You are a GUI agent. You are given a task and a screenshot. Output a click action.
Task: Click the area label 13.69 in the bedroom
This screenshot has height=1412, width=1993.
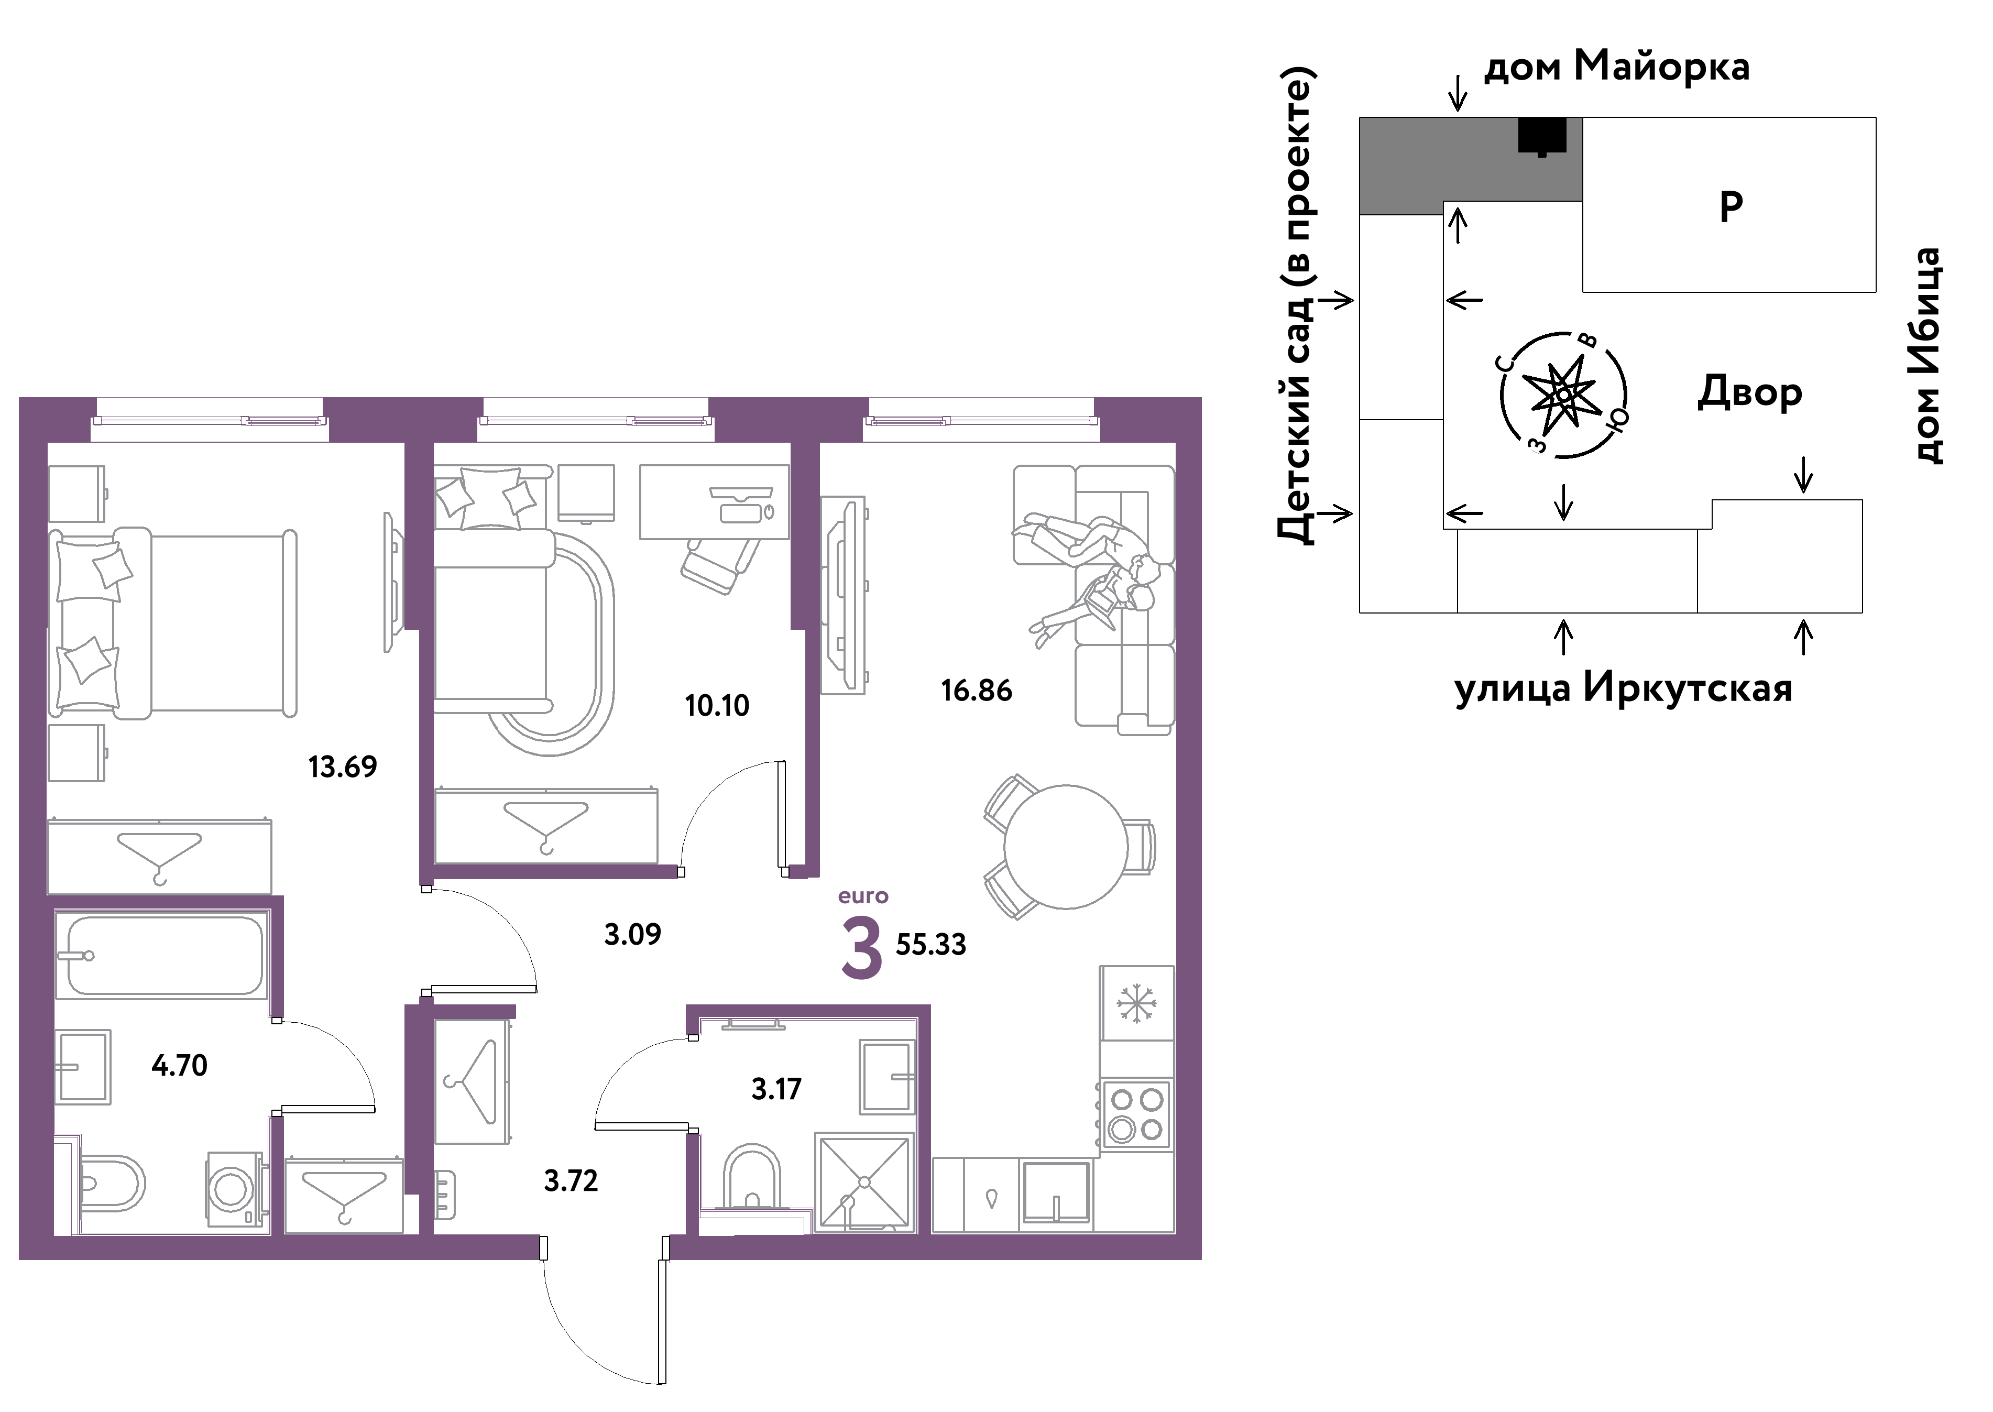pos(343,767)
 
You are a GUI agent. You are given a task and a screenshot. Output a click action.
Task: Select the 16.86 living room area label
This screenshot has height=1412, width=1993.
pos(977,691)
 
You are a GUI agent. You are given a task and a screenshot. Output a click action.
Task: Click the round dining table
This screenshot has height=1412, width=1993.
pos(1066,847)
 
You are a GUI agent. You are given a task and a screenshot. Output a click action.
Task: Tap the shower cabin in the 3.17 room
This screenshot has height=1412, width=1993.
pos(864,1183)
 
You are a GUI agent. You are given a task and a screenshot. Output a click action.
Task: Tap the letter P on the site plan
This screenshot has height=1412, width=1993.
pos(1731,207)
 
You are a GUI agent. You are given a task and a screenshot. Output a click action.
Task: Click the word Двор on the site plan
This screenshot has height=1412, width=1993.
pos(1749,393)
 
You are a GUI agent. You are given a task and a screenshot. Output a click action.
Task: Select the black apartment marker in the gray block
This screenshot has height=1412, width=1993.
pos(1542,136)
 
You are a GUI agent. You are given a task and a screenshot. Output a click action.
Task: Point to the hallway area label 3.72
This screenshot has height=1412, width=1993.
pos(571,1181)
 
